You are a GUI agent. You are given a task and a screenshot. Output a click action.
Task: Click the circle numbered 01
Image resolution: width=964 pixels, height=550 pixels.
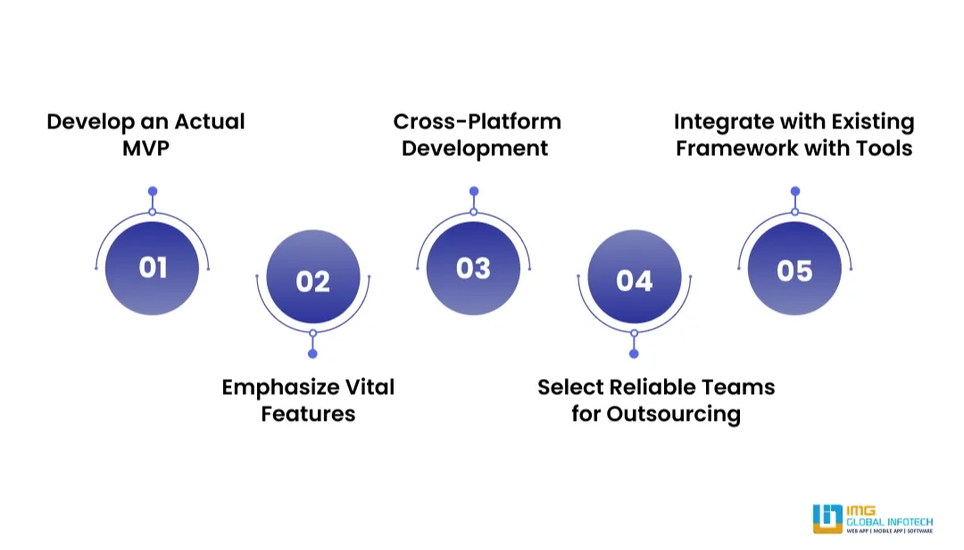152,268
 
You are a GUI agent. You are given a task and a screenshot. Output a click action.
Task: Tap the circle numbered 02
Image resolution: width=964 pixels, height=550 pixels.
312,282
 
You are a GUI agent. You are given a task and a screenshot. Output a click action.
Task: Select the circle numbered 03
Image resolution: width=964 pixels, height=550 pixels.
473,268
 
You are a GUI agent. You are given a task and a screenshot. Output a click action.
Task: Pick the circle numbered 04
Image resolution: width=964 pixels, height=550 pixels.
634,282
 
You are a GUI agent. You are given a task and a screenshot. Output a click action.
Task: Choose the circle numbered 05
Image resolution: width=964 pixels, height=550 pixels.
794,268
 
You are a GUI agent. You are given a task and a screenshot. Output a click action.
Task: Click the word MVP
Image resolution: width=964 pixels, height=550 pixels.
145,148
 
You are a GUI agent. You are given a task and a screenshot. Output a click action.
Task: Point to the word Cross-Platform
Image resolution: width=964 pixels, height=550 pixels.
477,121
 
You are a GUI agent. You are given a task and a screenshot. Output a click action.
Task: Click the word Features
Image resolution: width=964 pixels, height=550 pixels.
308,414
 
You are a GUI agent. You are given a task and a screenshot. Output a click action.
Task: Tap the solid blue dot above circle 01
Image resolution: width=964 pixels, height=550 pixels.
153,191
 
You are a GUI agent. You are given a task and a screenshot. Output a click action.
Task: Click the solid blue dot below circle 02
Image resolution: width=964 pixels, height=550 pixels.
312,354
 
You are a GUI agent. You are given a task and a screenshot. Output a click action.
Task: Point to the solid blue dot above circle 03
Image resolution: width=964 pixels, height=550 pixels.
474,191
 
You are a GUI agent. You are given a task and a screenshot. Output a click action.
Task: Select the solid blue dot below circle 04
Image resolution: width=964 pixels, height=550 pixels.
634,354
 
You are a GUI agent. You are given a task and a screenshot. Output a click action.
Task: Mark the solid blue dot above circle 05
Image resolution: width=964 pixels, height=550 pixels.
795,191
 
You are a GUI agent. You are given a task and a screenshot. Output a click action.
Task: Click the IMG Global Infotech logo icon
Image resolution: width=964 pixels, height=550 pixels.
827,519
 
